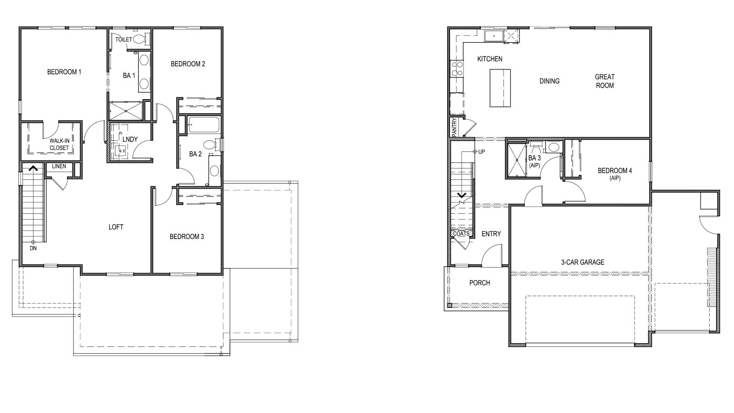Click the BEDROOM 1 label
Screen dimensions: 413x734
pyautogui.click(x=64, y=72)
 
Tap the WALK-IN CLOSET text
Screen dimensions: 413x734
pyautogui.click(x=59, y=145)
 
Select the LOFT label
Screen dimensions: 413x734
pyautogui.click(x=116, y=227)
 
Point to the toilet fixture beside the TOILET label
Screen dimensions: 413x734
pyautogui.click(x=139, y=39)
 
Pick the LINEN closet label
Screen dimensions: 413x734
pyautogui.click(x=59, y=167)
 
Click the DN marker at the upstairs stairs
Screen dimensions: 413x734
pyautogui.click(x=33, y=248)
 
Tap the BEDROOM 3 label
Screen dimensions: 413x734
pyautogui.click(x=187, y=237)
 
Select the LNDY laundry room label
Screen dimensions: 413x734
pyautogui.click(x=130, y=140)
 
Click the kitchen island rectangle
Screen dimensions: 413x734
pyautogui.click(x=500, y=88)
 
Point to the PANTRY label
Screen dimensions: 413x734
pyautogui.click(x=454, y=127)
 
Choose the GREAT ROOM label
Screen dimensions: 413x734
pyautogui.click(x=605, y=81)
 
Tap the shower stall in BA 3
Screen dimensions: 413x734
pyautogui.click(x=517, y=160)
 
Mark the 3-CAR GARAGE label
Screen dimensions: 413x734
pyautogui.click(x=583, y=262)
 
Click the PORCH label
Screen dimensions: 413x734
pyautogui.click(x=479, y=283)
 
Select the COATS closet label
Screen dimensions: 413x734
pyautogui.click(x=461, y=234)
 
